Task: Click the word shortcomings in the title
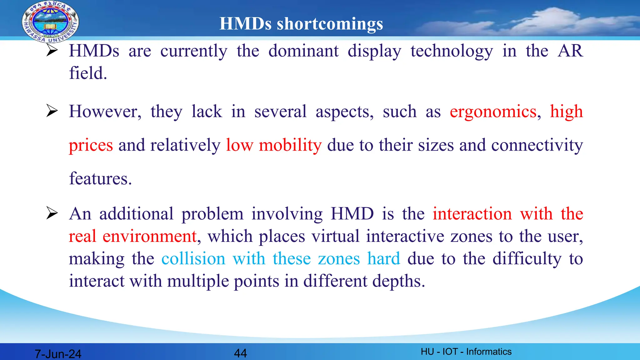(330, 24)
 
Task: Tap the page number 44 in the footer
(240, 353)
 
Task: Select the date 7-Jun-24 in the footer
(58, 354)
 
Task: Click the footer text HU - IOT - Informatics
(466, 352)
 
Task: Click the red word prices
(91, 145)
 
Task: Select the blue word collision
(193, 259)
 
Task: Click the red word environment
(149, 236)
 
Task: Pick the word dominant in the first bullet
(303, 51)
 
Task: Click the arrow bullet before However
(52, 111)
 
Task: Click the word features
(100, 179)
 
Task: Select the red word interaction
(472, 214)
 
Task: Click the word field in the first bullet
(87, 73)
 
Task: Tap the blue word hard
(383, 259)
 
